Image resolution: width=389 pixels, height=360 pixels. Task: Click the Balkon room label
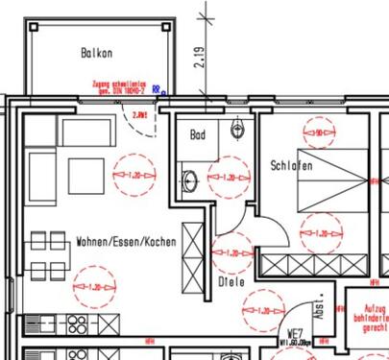98,54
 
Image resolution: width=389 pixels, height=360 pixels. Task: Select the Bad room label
199,135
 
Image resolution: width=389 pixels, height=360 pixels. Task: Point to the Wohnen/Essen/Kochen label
126,242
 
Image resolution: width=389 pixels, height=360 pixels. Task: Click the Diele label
231,282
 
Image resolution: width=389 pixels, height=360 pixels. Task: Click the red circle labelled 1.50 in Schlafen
318,132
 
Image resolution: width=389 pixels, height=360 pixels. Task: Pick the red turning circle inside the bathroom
225,178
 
